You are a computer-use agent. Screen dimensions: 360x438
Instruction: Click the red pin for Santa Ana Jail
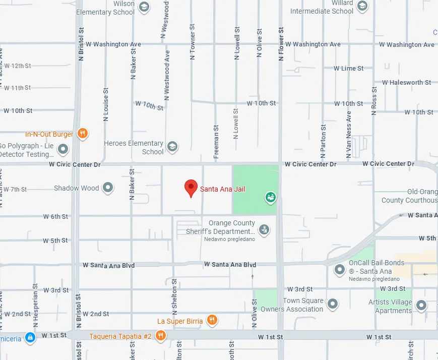point(191,188)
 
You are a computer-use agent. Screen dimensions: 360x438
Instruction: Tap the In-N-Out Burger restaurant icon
point(83,134)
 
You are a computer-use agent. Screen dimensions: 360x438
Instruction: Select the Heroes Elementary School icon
point(172,147)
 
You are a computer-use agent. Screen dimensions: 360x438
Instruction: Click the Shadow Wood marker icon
point(108,188)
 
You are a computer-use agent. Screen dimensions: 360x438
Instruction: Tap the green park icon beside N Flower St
point(271,197)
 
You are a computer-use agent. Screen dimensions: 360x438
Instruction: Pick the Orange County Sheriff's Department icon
point(263,230)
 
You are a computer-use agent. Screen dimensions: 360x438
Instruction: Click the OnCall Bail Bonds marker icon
point(340,270)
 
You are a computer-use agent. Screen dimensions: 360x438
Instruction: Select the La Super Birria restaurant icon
point(212,320)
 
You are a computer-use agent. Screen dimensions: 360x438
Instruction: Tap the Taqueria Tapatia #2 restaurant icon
point(160,335)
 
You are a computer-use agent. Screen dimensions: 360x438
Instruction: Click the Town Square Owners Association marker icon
point(332,304)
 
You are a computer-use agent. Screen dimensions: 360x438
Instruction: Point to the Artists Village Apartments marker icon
point(421,305)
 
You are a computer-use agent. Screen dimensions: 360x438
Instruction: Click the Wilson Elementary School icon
point(144,7)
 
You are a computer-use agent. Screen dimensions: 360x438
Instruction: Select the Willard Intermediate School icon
point(362,6)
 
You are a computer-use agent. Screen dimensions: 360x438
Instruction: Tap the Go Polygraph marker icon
point(63,149)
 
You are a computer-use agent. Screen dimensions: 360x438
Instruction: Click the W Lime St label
point(349,68)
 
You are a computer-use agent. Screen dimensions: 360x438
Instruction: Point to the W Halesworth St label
point(406,82)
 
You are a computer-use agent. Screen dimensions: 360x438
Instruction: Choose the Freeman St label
point(216,142)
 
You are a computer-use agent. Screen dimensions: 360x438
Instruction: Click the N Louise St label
point(106,104)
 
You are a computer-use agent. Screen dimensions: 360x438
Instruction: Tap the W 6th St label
point(55,216)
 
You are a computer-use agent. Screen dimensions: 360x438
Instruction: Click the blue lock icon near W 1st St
point(30,337)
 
